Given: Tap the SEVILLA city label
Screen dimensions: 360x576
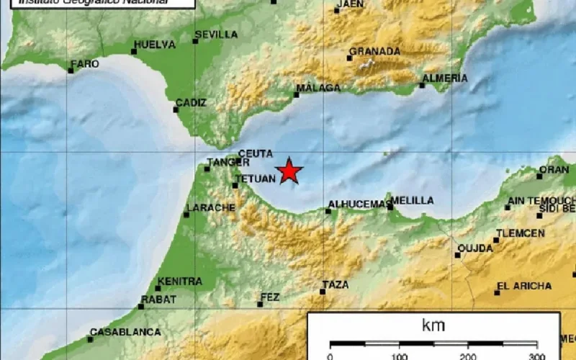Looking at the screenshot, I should click(x=216, y=34).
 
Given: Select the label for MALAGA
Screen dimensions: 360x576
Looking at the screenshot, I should click(x=318, y=88).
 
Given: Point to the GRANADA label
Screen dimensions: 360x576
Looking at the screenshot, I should click(x=374, y=51).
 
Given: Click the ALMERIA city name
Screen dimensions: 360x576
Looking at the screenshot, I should click(x=445, y=78).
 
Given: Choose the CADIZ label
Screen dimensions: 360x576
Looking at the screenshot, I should click(x=190, y=103).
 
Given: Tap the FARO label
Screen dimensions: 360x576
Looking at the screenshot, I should click(x=86, y=64).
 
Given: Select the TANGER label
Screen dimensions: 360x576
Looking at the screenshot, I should click(x=223, y=163).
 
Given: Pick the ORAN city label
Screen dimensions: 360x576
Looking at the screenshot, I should click(x=554, y=170).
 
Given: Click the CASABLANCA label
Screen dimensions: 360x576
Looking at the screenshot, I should click(x=125, y=332).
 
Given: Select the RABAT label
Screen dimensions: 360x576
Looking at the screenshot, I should click(x=158, y=300).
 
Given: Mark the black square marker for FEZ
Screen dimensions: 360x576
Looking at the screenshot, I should click(x=261, y=304).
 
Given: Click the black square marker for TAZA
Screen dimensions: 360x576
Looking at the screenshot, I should click(x=323, y=292).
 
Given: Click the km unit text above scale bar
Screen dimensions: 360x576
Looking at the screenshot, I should click(x=433, y=325).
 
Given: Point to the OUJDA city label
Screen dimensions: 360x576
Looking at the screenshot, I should click(x=476, y=248).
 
